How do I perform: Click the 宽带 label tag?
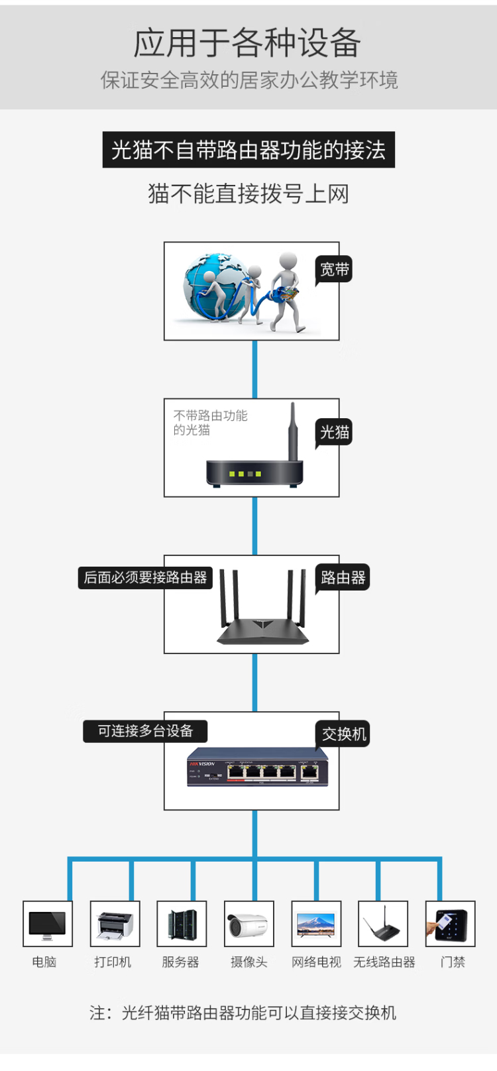(334, 270)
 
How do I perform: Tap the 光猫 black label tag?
(334, 433)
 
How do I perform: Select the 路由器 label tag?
(343, 578)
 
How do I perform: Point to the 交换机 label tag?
(343, 734)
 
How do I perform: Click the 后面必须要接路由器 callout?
(145, 578)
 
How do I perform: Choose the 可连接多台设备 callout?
(145, 731)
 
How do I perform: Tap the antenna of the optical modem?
(292, 431)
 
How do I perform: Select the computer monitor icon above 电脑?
(48, 923)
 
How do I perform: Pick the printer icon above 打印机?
(115, 923)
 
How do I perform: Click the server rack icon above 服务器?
(182, 923)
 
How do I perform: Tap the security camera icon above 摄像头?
(249, 923)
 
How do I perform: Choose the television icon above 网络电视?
(316, 923)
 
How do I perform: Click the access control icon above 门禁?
(451, 923)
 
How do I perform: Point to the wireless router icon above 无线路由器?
(383, 923)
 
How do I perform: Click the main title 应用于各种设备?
(248, 44)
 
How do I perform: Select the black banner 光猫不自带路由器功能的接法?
(248, 150)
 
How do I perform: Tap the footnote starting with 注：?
(243, 1013)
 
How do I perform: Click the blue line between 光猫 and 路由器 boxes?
(254, 526)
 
